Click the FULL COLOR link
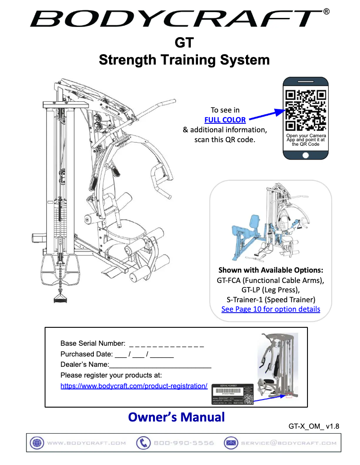[x=225, y=120]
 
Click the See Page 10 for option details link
[x=271, y=309]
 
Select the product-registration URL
[x=134, y=386]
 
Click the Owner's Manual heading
[x=176, y=417]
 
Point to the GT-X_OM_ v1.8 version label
[x=314, y=426]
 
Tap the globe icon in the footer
[x=36, y=443]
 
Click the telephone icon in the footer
[x=143, y=443]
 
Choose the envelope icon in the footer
[x=231, y=443]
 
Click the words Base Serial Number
[x=92, y=343]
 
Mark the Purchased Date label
[x=86, y=354]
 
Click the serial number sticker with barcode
[x=233, y=394]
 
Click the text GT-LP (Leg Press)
[x=271, y=290]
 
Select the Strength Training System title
[x=184, y=60]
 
